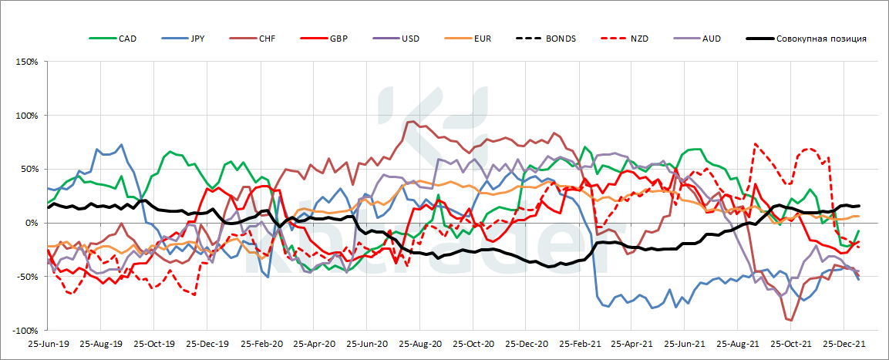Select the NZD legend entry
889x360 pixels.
pos(633,39)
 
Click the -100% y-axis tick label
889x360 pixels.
pos(25,331)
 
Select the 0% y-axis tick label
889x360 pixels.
pos(32,223)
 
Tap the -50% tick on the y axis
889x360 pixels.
pos(27,277)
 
